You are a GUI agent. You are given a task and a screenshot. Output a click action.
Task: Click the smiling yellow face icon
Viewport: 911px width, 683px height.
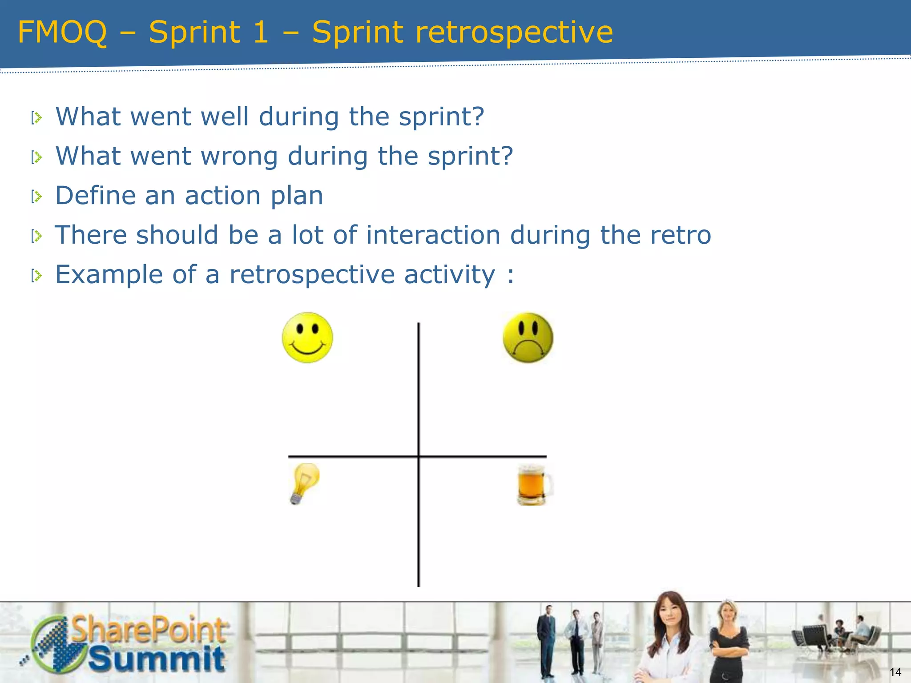307,337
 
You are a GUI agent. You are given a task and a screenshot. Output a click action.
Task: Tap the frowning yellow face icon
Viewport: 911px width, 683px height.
528,338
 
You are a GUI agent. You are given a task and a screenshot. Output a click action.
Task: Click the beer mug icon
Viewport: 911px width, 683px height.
534,485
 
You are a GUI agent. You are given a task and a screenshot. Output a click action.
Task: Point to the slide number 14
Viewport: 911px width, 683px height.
895,672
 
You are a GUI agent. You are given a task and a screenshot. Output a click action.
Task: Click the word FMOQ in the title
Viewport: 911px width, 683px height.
62,32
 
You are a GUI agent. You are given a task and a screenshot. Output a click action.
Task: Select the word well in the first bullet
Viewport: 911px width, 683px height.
225,117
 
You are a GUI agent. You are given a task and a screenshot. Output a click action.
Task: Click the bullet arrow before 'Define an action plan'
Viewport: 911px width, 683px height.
36,196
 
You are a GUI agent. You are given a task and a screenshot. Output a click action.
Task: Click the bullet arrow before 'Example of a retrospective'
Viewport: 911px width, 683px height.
36,276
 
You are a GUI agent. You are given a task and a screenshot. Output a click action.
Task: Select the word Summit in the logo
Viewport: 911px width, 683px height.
157,659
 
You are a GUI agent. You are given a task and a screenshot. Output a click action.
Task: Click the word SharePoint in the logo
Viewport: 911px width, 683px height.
149,630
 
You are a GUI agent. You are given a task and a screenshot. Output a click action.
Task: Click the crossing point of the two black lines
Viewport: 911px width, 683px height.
419,456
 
